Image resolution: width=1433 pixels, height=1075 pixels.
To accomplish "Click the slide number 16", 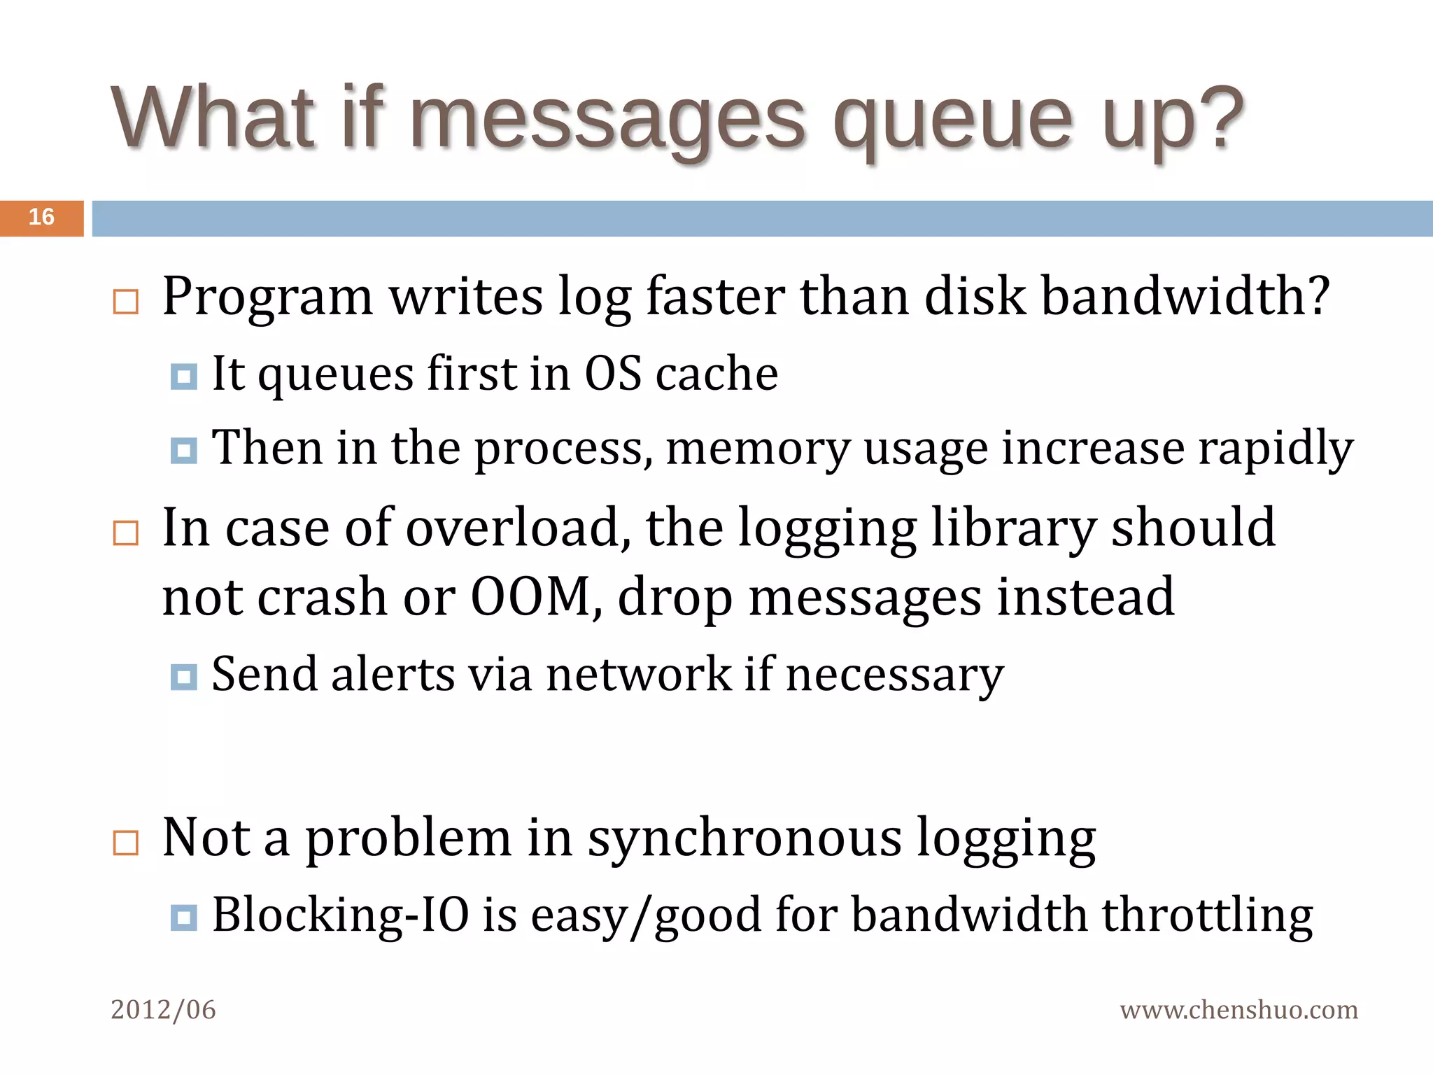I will pyautogui.click(x=41, y=217).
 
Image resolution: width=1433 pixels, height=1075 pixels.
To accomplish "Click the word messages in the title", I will pyautogui.click(x=607, y=119).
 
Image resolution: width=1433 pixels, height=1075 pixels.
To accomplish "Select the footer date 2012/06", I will pyautogui.click(x=163, y=1010).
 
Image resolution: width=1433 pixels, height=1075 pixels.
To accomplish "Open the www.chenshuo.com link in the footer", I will pyautogui.click(x=1238, y=1010).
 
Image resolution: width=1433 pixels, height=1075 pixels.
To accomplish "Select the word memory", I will pyautogui.click(x=758, y=449).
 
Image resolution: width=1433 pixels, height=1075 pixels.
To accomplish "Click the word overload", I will pyautogui.click(x=513, y=528).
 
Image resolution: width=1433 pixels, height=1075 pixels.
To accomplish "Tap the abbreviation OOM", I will pyautogui.click(x=530, y=597).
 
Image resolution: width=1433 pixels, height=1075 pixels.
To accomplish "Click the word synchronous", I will pyautogui.click(x=744, y=838).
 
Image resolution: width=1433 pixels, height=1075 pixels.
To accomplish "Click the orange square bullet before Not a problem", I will pyautogui.click(x=126, y=843).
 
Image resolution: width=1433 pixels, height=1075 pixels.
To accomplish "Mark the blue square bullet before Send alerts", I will pyautogui.click(x=184, y=677).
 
